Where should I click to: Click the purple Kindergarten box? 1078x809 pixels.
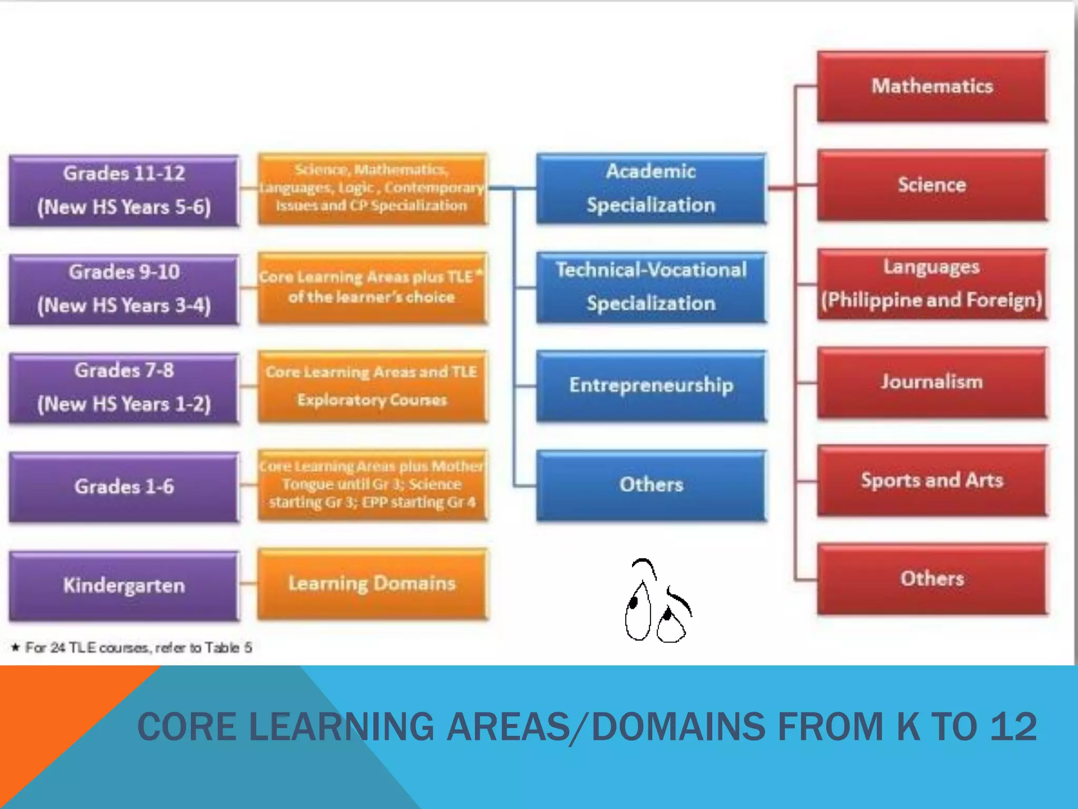coord(124,586)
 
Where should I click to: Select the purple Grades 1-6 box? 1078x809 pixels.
coord(124,487)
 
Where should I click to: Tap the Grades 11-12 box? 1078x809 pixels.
coord(124,190)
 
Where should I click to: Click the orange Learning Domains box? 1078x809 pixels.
coord(372,584)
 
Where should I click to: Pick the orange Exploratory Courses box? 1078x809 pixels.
coord(372,386)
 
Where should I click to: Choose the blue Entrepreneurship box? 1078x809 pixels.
coord(651,385)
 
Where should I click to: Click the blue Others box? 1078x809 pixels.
coord(651,485)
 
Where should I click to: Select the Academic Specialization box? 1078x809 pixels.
coord(651,188)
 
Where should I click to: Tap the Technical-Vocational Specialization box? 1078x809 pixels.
coord(651,287)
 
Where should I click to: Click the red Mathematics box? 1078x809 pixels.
coord(932,86)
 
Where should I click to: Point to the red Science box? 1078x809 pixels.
coord(932,185)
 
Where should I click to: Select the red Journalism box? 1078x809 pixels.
coord(932,382)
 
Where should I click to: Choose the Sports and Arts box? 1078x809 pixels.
coord(932,480)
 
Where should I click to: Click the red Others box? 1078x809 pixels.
coord(932,579)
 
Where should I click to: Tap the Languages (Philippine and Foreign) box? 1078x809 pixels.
coord(932,283)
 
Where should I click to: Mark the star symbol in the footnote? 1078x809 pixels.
coord(16,647)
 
